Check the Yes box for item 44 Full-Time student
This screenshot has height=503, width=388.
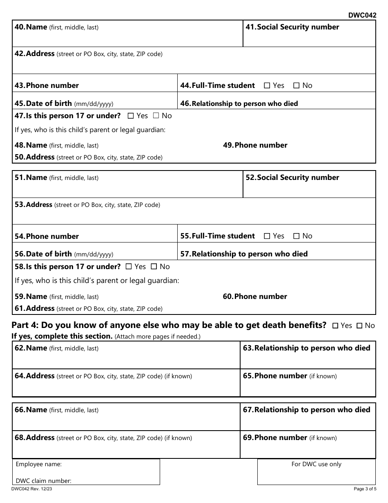coord(267,86)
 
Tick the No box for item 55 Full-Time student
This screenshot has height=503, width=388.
coord(297,236)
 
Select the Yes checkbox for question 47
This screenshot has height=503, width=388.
coord(131,116)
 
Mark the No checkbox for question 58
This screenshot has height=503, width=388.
coord(154,267)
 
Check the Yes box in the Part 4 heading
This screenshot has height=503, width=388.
coord(335,326)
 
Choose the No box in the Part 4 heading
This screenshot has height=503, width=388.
coord(359,326)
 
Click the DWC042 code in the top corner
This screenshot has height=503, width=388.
coord(362,16)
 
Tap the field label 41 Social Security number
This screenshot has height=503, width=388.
coord(292,27)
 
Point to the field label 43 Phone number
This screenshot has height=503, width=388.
coord(47,85)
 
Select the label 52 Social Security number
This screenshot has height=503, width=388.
coord(292,178)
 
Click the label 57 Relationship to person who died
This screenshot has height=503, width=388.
coord(244,254)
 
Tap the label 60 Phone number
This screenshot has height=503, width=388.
coord(255,296)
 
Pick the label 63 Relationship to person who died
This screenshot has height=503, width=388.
coord(306,348)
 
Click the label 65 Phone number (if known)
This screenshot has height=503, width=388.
coord(290,376)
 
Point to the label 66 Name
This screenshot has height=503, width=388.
coord(31,410)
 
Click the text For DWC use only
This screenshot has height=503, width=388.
coord(316,464)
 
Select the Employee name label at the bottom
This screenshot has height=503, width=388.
coord(39,464)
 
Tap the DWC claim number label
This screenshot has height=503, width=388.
coord(44,481)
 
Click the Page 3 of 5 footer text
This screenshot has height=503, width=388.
coord(365,489)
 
